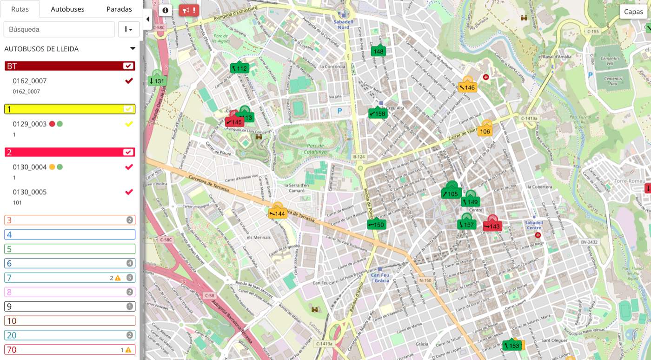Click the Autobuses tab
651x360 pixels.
67,9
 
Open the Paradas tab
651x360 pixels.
119,9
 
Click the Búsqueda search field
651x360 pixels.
59,29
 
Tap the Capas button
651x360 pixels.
633,12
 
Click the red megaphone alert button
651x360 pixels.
189,10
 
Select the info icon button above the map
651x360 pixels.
165,10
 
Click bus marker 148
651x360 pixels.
379,51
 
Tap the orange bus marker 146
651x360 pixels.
467,87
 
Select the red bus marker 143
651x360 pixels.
492,226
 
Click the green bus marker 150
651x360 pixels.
376,225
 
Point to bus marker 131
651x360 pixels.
157,81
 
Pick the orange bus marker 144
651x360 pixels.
277,213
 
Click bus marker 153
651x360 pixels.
511,346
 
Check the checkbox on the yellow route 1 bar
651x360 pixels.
128,109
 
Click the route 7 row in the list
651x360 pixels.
70,278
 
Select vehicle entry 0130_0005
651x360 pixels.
30,192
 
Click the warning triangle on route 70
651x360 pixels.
128,350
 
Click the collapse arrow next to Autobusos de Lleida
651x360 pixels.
133,49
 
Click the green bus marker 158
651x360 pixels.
377,113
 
